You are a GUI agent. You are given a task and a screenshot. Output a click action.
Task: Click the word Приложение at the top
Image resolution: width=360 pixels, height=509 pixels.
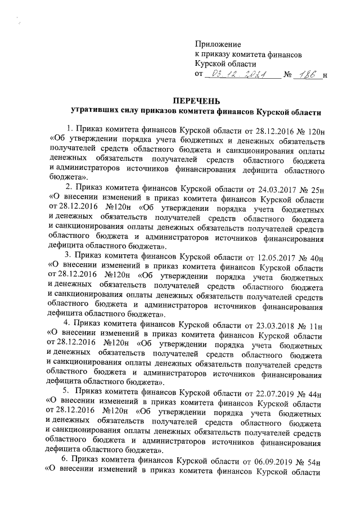pyautogui.click(x=218, y=44)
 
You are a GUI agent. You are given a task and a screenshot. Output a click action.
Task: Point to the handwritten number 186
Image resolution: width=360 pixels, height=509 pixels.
pyautogui.click(x=309, y=74)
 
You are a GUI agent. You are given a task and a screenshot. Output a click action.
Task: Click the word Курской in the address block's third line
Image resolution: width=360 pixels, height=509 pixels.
pyautogui.click(x=209, y=64)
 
